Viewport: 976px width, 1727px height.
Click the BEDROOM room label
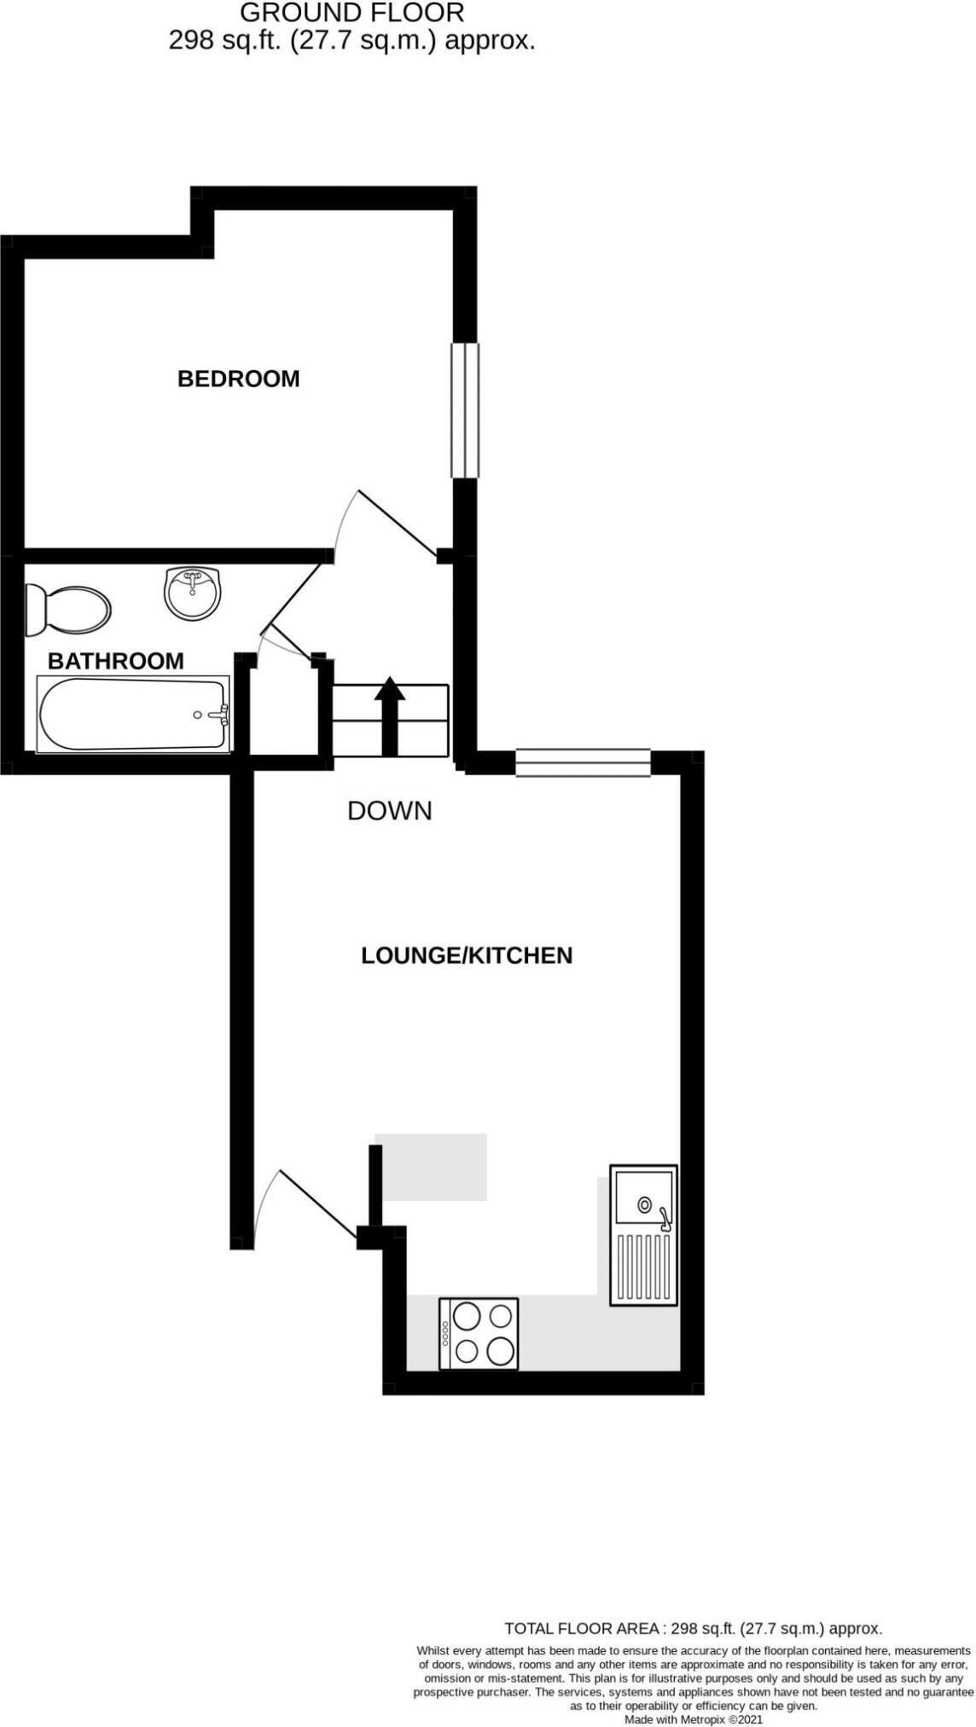[238, 379]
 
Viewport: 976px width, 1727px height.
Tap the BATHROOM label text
[115, 661]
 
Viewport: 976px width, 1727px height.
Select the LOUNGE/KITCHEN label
[467, 955]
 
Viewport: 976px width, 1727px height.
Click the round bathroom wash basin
[193, 594]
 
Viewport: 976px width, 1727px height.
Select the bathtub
[132, 715]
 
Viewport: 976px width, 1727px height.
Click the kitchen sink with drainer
[644, 1236]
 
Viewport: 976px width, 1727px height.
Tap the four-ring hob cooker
[479, 1334]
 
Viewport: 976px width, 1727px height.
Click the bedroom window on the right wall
[465, 410]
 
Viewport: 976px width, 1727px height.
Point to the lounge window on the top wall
[584, 762]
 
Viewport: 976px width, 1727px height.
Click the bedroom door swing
[388, 524]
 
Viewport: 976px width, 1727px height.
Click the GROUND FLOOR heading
[351, 13]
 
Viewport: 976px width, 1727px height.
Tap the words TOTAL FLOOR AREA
[584, 1628]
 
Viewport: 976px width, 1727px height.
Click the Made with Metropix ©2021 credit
[693, 1719]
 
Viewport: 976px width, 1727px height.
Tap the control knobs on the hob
[445, 1334]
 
